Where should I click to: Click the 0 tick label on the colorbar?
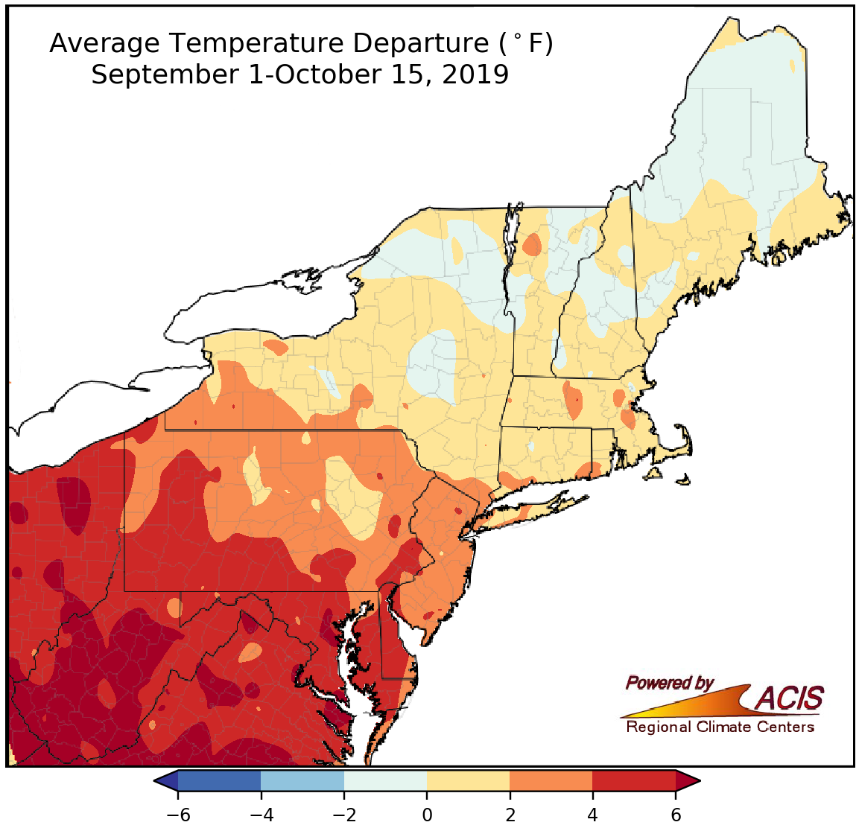[x=427, y=815]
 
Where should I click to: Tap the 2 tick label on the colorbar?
[x=510, y=815]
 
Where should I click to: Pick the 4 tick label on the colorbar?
[x=592, y=815]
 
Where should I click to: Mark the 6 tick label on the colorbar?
[x=676, y=815]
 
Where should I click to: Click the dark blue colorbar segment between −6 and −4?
[x=220, y=780]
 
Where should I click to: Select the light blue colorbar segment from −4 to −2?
[x=302, y=780]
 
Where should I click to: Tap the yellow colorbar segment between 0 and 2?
[x=468, y=780]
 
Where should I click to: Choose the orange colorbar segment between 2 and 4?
[x=551, y=780]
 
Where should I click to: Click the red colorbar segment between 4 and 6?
[x=634, y=780]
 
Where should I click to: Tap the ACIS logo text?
[x=790, y=698]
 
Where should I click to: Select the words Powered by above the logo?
[x=669, y=683]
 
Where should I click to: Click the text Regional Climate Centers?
[x=720, y=727]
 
